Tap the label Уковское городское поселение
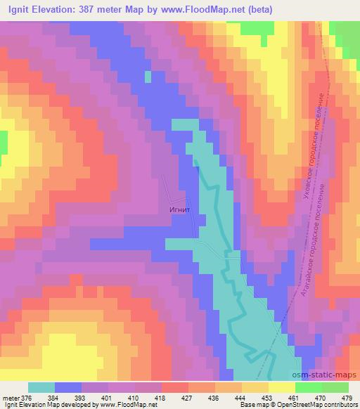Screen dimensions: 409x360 tap(312, 144)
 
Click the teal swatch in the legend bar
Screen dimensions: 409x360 tap(41, 387)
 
